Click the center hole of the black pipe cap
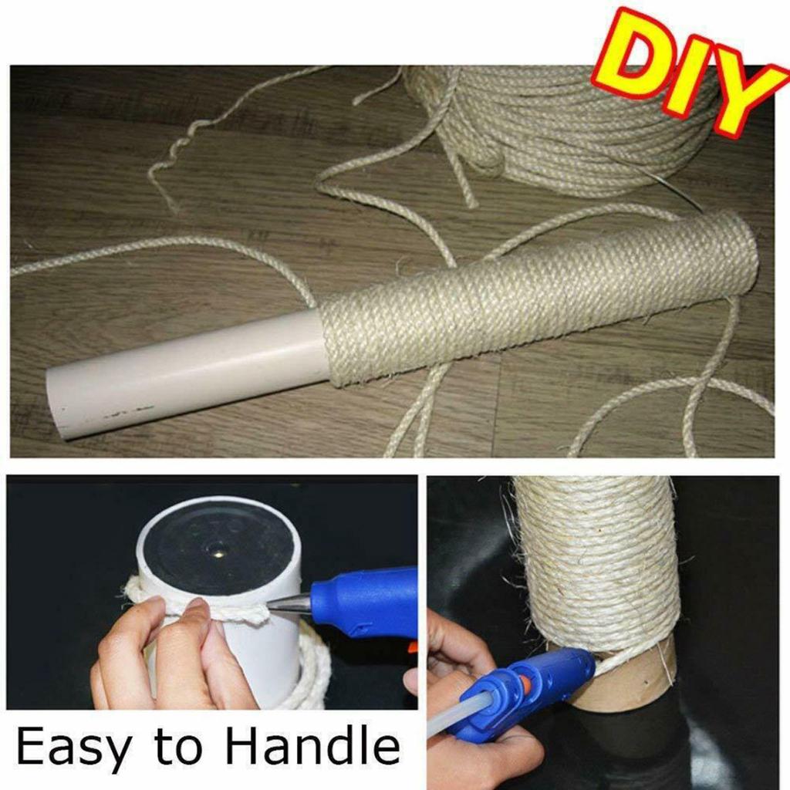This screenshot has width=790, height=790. coord(218,550)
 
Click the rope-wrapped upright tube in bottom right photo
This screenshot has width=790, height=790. coord(594,563)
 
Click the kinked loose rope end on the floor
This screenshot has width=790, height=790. coord(166,166)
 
